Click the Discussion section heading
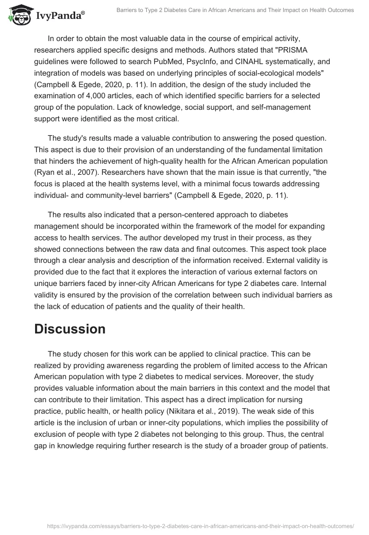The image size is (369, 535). [x=70, y=329]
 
